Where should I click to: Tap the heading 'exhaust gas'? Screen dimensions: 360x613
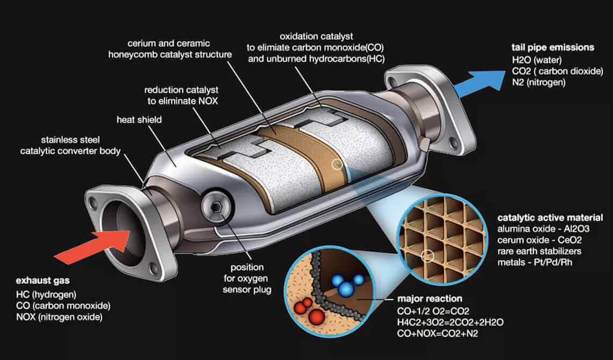[x=42, y=281]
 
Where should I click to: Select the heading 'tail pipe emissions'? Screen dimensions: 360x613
[x=553, y=47]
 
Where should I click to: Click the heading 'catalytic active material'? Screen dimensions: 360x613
[x=550, y=218]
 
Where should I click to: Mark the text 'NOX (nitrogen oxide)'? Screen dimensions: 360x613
[x=59, y=316]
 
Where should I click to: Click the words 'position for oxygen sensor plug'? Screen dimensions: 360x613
[x=243, y=278]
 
